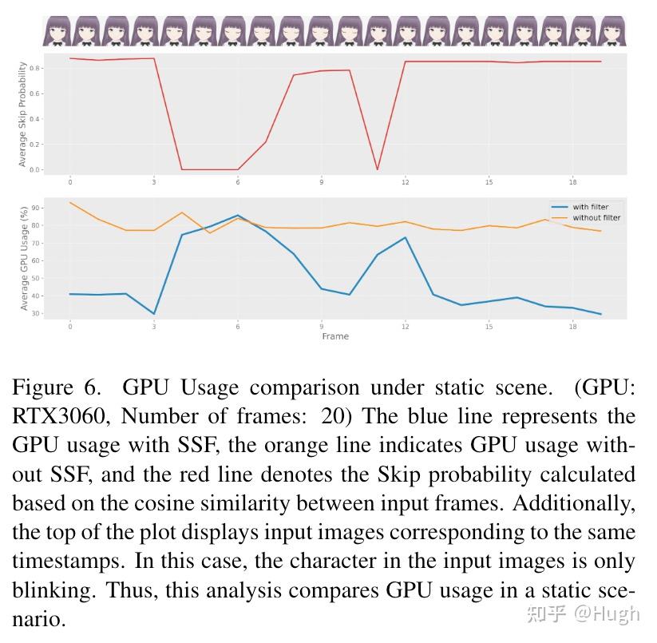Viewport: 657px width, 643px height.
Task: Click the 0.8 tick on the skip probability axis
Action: pos(33,69)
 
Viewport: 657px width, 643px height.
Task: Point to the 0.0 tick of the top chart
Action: pos(33,169)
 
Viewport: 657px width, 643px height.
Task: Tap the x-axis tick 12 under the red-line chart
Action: pos(405,182)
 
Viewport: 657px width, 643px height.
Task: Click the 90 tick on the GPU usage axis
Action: pos(34,208)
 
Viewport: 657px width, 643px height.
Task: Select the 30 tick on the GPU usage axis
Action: pos(34,313)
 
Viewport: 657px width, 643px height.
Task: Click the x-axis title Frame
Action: pos(335,336)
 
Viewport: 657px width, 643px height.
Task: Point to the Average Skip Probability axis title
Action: pos(22,114)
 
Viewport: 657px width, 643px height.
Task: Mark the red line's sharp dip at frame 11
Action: pos(377,169)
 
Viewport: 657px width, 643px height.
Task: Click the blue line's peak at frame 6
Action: pos(237,216)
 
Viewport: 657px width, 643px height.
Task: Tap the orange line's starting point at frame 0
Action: pos(70,202)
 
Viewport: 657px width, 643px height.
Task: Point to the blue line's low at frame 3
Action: pos(153,314)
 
